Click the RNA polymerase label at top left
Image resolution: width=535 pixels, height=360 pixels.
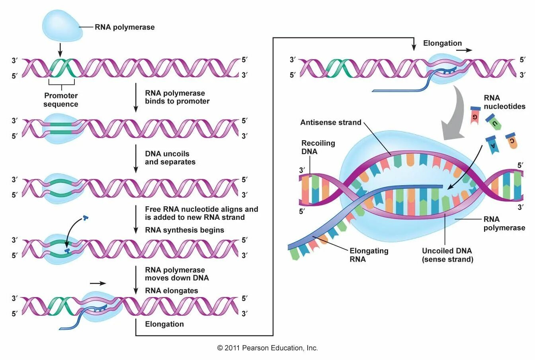(x=125, y=27)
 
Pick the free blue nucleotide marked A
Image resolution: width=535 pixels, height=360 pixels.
(x=492, y=145)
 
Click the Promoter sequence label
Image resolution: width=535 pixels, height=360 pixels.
(x=61, y=100)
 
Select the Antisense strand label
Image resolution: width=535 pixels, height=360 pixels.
(x=331, y=122)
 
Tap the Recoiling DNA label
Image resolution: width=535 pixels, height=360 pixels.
(x=318, y=147)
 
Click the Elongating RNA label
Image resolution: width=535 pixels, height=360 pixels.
(x=369, y=255)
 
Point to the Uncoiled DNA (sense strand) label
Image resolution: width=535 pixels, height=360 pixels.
(x=447, y=255)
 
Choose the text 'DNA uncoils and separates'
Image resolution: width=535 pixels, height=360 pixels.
(x=170, y=158)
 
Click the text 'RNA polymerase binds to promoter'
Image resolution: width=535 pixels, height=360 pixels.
(x=177, y=97)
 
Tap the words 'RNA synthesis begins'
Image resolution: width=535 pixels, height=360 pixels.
(x=184, y=230)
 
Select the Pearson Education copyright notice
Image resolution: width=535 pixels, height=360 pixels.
(x=267, y=348)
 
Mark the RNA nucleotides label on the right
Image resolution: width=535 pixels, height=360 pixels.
(x=504, y=102)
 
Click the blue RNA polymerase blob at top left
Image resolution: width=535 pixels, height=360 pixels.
(x=62, y=25)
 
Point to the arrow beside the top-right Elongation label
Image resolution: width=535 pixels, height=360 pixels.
(x=464, y=51)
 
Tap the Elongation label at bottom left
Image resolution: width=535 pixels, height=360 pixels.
(x=164, y=324)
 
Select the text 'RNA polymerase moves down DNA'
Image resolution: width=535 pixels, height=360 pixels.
(x=177, y=274)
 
